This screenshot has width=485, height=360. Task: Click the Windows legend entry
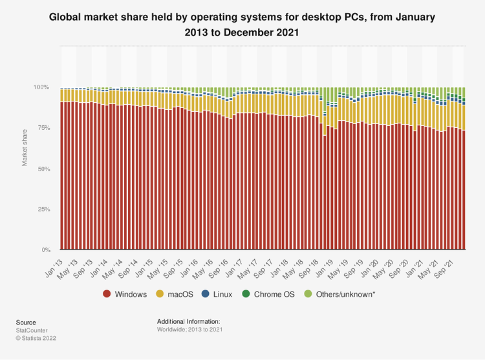125,295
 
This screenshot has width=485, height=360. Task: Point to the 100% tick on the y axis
41,87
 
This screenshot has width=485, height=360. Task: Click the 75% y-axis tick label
43,128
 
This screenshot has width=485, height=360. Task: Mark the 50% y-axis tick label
43,169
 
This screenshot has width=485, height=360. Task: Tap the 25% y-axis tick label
43,209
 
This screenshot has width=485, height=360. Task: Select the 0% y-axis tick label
45,250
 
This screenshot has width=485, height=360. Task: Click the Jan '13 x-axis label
55,261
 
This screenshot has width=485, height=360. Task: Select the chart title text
242,25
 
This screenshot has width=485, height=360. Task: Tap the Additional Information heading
189,321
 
